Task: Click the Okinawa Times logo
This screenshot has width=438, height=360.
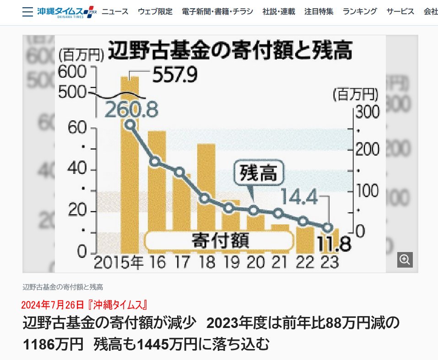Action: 67,11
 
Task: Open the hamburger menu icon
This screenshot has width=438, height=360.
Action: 27,12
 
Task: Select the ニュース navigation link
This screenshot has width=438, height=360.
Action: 115,12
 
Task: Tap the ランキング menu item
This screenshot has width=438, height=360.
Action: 360,12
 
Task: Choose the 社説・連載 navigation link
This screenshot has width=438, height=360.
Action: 279,12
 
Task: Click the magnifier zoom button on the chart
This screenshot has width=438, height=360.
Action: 405,259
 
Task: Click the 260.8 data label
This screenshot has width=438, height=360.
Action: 124,109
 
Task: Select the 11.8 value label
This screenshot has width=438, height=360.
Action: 334,244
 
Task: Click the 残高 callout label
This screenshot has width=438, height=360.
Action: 259,173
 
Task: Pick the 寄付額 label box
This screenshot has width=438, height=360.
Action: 218,239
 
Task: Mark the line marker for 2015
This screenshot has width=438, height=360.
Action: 130,124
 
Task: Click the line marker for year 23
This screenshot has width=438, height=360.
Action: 328,227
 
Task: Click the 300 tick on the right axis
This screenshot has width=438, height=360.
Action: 368,112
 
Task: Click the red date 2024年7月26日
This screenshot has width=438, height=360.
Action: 53,304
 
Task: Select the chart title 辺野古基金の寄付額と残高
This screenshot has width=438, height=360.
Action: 230,50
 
